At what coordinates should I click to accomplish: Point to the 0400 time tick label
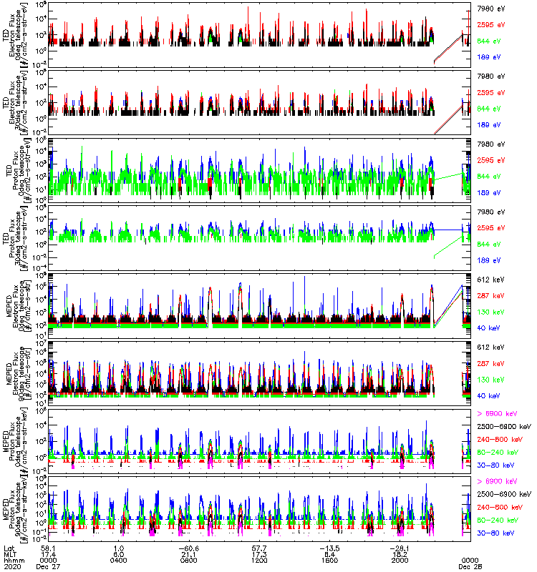pos(120,559)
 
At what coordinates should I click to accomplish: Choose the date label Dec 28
pos(469,566)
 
